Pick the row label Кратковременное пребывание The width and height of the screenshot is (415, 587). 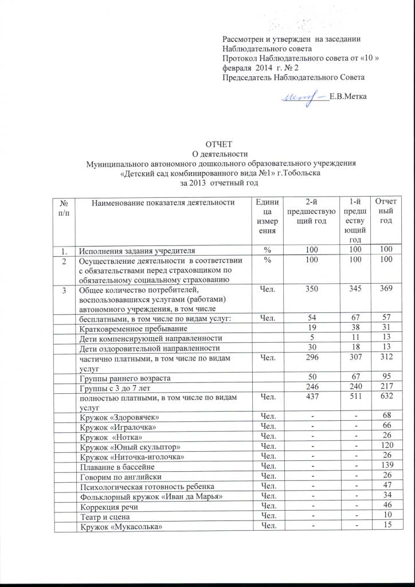tap(134, 328)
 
